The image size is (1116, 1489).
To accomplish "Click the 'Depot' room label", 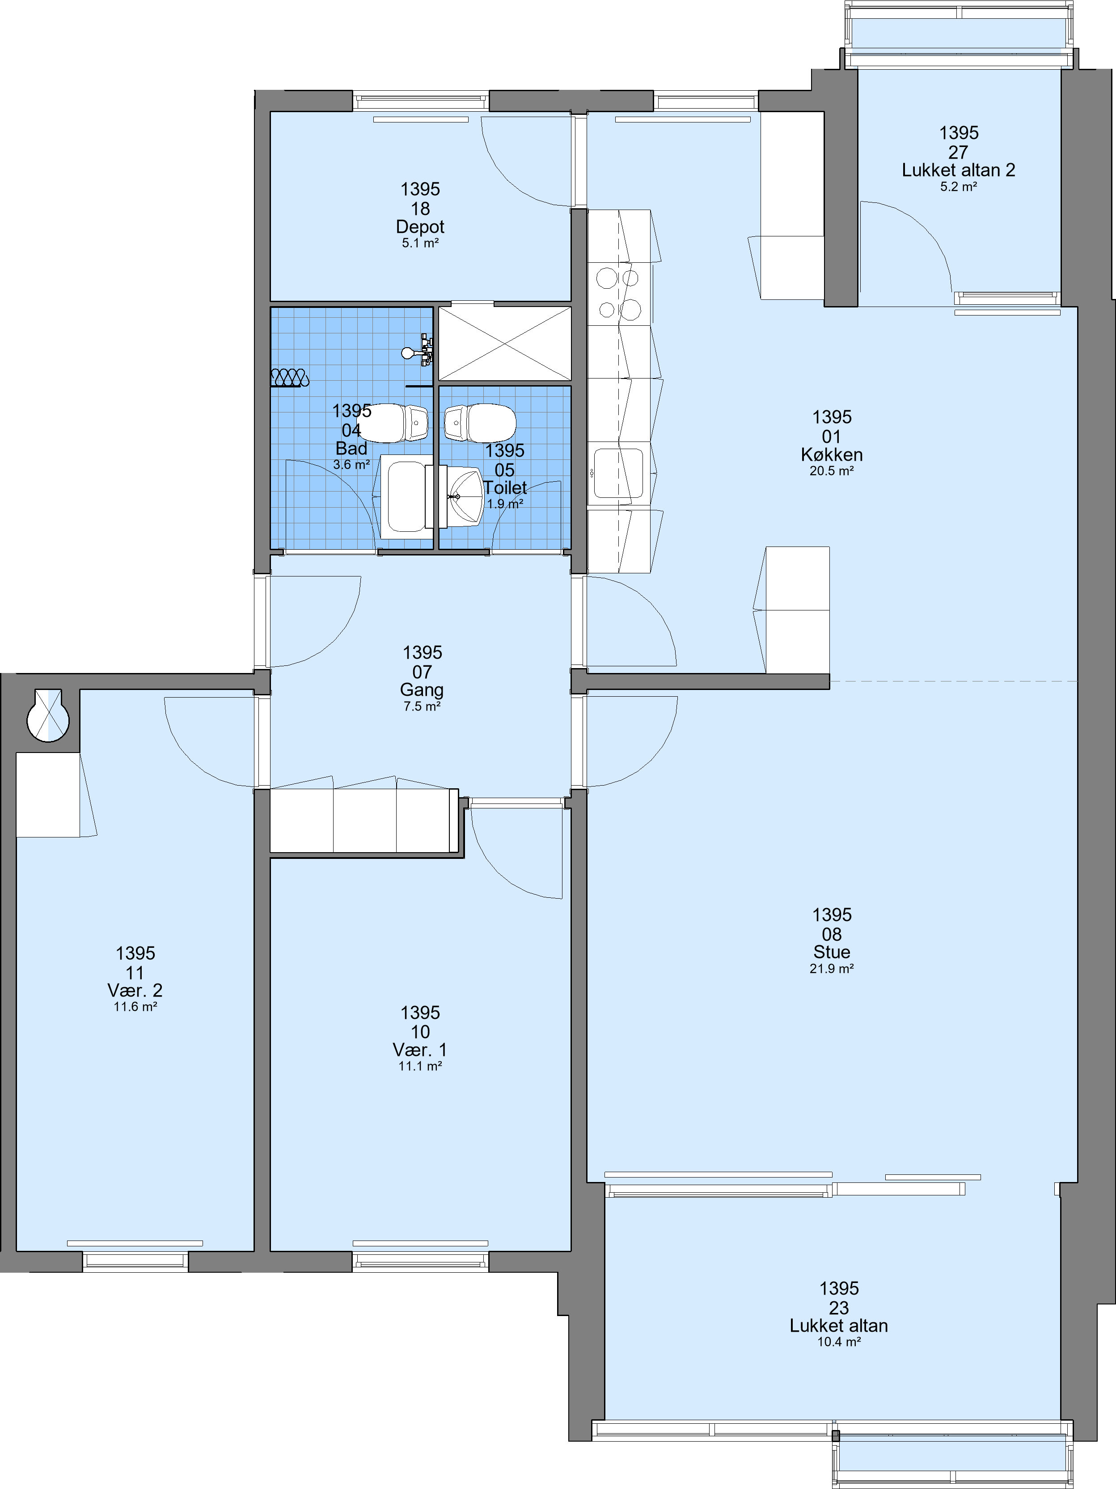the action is point(420,227).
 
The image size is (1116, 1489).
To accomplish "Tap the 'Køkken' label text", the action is point(832,455).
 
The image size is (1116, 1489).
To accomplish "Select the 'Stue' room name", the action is point(832,952).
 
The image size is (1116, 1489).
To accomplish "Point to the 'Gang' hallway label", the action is point(422,690).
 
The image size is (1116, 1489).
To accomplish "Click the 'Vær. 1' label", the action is point(420,1050).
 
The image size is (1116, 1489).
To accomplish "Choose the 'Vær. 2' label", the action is point(135,991).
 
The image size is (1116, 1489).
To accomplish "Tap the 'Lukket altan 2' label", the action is point(959,170).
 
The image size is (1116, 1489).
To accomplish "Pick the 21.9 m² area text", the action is point(832,969).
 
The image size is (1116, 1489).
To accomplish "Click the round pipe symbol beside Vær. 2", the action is point(48,717).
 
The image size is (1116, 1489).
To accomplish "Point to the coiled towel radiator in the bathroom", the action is point(290,379).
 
